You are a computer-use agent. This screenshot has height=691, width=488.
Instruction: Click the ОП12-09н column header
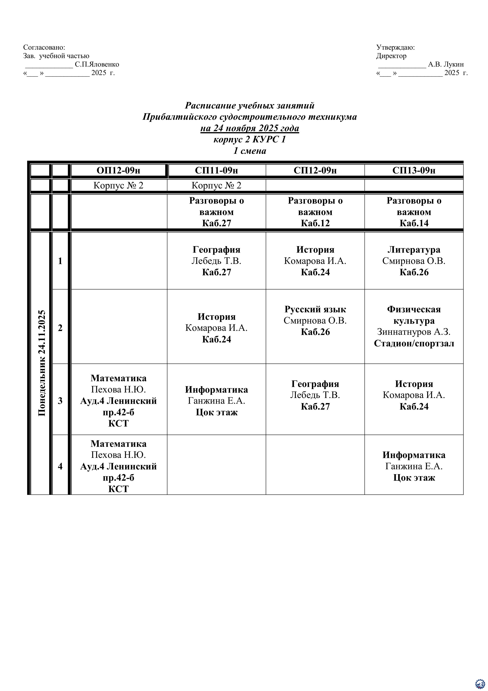tap(118, 170)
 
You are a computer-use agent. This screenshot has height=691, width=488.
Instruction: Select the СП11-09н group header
tap(217, 170)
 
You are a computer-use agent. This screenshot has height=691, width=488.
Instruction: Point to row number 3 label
tap(60, 401)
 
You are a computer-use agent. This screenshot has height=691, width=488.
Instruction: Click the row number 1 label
tap(60, 261)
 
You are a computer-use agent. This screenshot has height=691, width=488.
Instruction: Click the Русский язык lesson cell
tap(315, 321)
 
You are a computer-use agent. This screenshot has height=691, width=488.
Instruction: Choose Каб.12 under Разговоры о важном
tap(315, 223)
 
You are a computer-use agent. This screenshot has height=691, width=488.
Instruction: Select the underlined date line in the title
tap(250, 128)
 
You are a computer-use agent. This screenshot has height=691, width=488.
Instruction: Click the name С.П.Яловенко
tap(97, 64)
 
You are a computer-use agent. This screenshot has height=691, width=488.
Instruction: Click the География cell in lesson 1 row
tap(217, 261)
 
